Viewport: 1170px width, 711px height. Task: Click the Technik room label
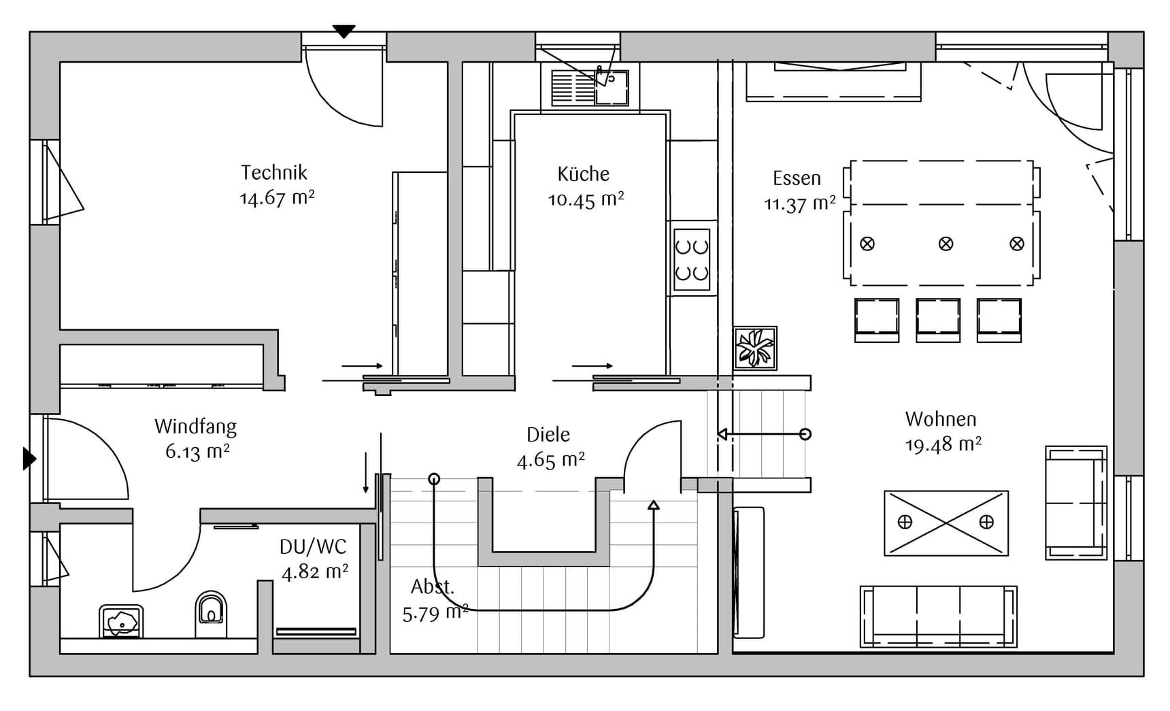point(274,173)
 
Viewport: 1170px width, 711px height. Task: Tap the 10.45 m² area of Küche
point(586,200)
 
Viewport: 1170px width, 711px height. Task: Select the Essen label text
point(797,178)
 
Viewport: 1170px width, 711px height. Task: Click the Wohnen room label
point(940,419)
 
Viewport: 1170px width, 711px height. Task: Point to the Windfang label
point(195,427)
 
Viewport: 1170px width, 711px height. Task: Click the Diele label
point(548,435)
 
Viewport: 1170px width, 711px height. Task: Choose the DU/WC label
point(313,546)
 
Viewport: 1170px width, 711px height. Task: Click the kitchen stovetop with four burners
point(691,259)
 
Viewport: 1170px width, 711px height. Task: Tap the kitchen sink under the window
point(590,88)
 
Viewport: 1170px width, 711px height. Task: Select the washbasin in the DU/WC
point(121,621)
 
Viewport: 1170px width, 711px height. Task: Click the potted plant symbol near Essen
point(755,348)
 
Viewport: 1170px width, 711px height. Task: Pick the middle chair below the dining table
point(937,319)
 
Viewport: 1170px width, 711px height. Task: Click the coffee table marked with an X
point(946,523)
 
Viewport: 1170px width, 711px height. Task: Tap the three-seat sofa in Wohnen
point(938,615)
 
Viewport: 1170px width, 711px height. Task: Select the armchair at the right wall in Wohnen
point(1075,503)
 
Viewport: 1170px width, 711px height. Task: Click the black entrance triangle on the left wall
point(29,459)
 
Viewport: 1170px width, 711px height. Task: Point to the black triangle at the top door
point(344,31)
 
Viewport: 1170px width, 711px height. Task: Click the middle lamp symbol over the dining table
point(946,244)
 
